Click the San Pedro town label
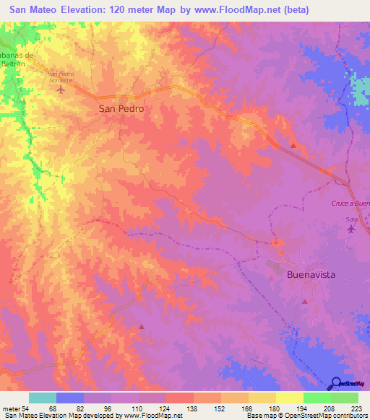[x=121, y=108]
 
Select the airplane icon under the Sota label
[x=352, y=229]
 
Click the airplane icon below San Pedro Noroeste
[x=60, y=90]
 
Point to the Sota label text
[x=352, y=218]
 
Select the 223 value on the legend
[x=358, y=408]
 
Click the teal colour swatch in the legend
[x=42, y=398]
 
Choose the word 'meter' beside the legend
[x=10, y=408]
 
